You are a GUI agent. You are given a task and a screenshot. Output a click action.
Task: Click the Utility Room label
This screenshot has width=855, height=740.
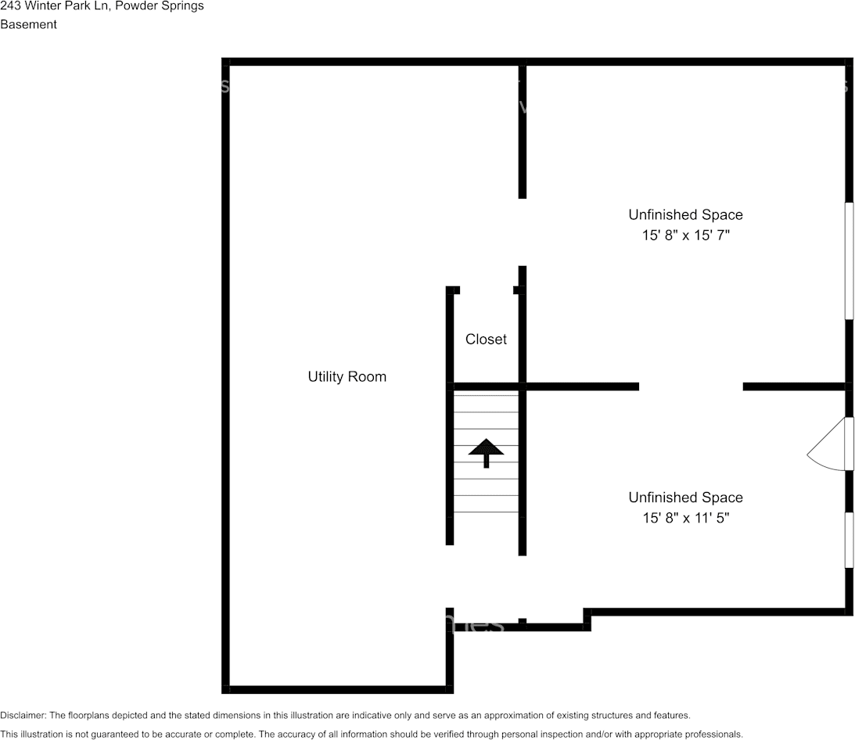click(347, 377)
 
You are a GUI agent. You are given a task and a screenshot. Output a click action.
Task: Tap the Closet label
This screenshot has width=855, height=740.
click(486, 339)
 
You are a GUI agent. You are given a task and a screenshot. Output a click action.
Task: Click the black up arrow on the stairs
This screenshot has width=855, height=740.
click(486, 451)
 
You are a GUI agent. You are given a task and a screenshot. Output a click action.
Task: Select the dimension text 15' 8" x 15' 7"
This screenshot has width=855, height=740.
click(685, 235)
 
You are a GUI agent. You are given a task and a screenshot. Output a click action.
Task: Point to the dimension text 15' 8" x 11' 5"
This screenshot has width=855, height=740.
click(685, 518)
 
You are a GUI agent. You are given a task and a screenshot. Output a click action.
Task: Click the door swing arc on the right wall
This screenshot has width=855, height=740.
click(823, 452)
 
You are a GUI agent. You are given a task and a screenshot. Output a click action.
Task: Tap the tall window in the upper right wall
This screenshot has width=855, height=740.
click(849, 261)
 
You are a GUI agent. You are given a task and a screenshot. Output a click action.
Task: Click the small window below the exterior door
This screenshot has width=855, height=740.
click(849, 540)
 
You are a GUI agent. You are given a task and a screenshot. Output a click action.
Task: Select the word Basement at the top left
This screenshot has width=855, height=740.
click(28, 24)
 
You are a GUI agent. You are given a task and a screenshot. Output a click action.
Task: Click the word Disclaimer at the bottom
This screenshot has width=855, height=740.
click(23, 716)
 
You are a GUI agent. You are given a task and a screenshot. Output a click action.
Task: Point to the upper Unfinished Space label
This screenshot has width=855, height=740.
click(685, 214)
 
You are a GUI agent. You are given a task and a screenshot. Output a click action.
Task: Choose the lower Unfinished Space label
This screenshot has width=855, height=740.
click(685, 498)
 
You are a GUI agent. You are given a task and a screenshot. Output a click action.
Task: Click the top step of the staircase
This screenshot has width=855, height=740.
click(486, 403)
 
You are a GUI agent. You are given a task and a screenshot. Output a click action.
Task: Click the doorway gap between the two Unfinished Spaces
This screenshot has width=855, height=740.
click(691, 386)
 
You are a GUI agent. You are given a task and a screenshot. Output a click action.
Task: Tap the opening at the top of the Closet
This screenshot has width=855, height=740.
click(486, 290)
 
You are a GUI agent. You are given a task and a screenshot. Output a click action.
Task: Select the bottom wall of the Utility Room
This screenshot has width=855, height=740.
click(336, 689)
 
